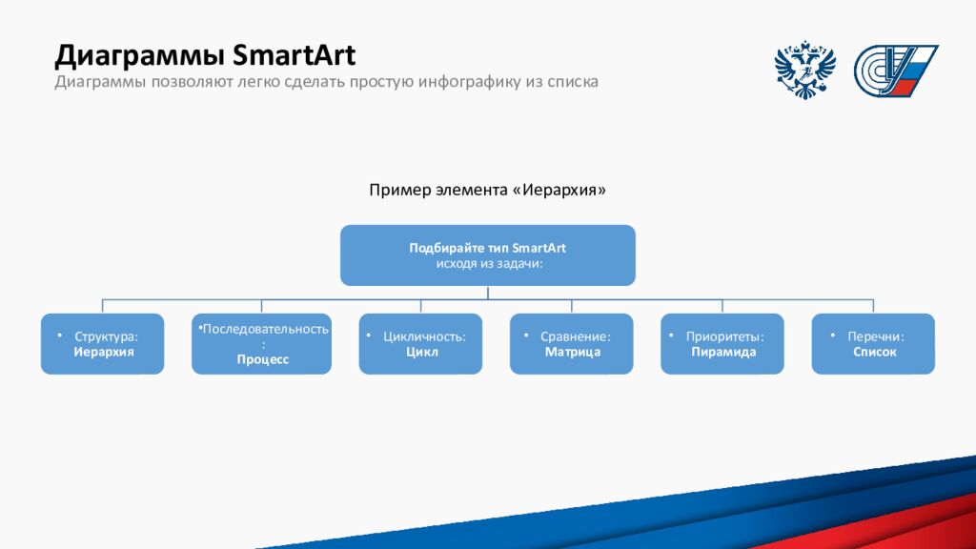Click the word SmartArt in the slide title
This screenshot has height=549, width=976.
294,54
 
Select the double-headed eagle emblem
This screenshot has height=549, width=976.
804,70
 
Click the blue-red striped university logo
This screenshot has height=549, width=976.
895,71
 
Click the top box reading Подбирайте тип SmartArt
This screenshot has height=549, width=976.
487,255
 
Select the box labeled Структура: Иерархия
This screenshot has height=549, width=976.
103,343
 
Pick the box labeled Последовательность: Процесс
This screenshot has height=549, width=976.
261,343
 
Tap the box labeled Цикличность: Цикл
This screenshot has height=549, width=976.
420,343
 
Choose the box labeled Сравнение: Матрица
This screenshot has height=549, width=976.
572,343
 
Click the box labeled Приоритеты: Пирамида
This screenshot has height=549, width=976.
722,343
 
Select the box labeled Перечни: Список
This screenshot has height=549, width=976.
873,343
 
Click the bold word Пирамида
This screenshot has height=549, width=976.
723,352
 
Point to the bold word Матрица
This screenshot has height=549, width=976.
573,352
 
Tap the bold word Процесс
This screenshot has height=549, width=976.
263,359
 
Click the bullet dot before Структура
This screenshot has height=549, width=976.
60,335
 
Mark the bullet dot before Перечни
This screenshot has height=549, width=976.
833,335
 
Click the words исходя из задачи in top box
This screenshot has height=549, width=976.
489,263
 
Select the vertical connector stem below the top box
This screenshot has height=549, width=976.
488,293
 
